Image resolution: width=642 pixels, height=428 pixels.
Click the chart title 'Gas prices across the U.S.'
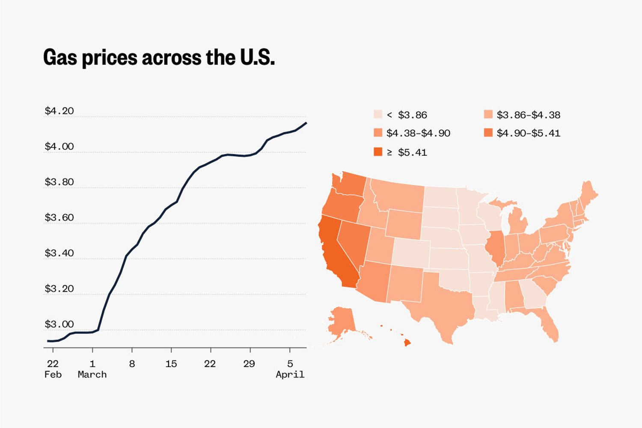coord(159,58)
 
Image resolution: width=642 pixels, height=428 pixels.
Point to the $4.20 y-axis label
coord(59,111)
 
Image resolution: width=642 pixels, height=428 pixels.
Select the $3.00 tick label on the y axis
coord(59,324)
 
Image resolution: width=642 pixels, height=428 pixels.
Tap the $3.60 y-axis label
coord(59,217)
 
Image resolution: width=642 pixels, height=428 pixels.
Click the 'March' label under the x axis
coord(92,374)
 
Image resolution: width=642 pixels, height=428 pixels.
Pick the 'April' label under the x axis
coord(290,374)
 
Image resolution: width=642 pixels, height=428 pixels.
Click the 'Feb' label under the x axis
coord(53,374)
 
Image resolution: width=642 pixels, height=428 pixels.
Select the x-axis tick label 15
coord(171,364)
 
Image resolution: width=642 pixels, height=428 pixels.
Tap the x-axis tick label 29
coord(249,364)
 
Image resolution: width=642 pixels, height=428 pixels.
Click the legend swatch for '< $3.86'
coord(378,114)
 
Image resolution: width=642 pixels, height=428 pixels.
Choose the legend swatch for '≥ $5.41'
coord(378,152)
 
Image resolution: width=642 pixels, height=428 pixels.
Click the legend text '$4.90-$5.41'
coord(528,133)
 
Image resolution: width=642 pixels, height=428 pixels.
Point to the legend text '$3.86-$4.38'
coord(528,115)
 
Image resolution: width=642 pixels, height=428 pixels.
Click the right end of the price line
coord(306,123)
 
